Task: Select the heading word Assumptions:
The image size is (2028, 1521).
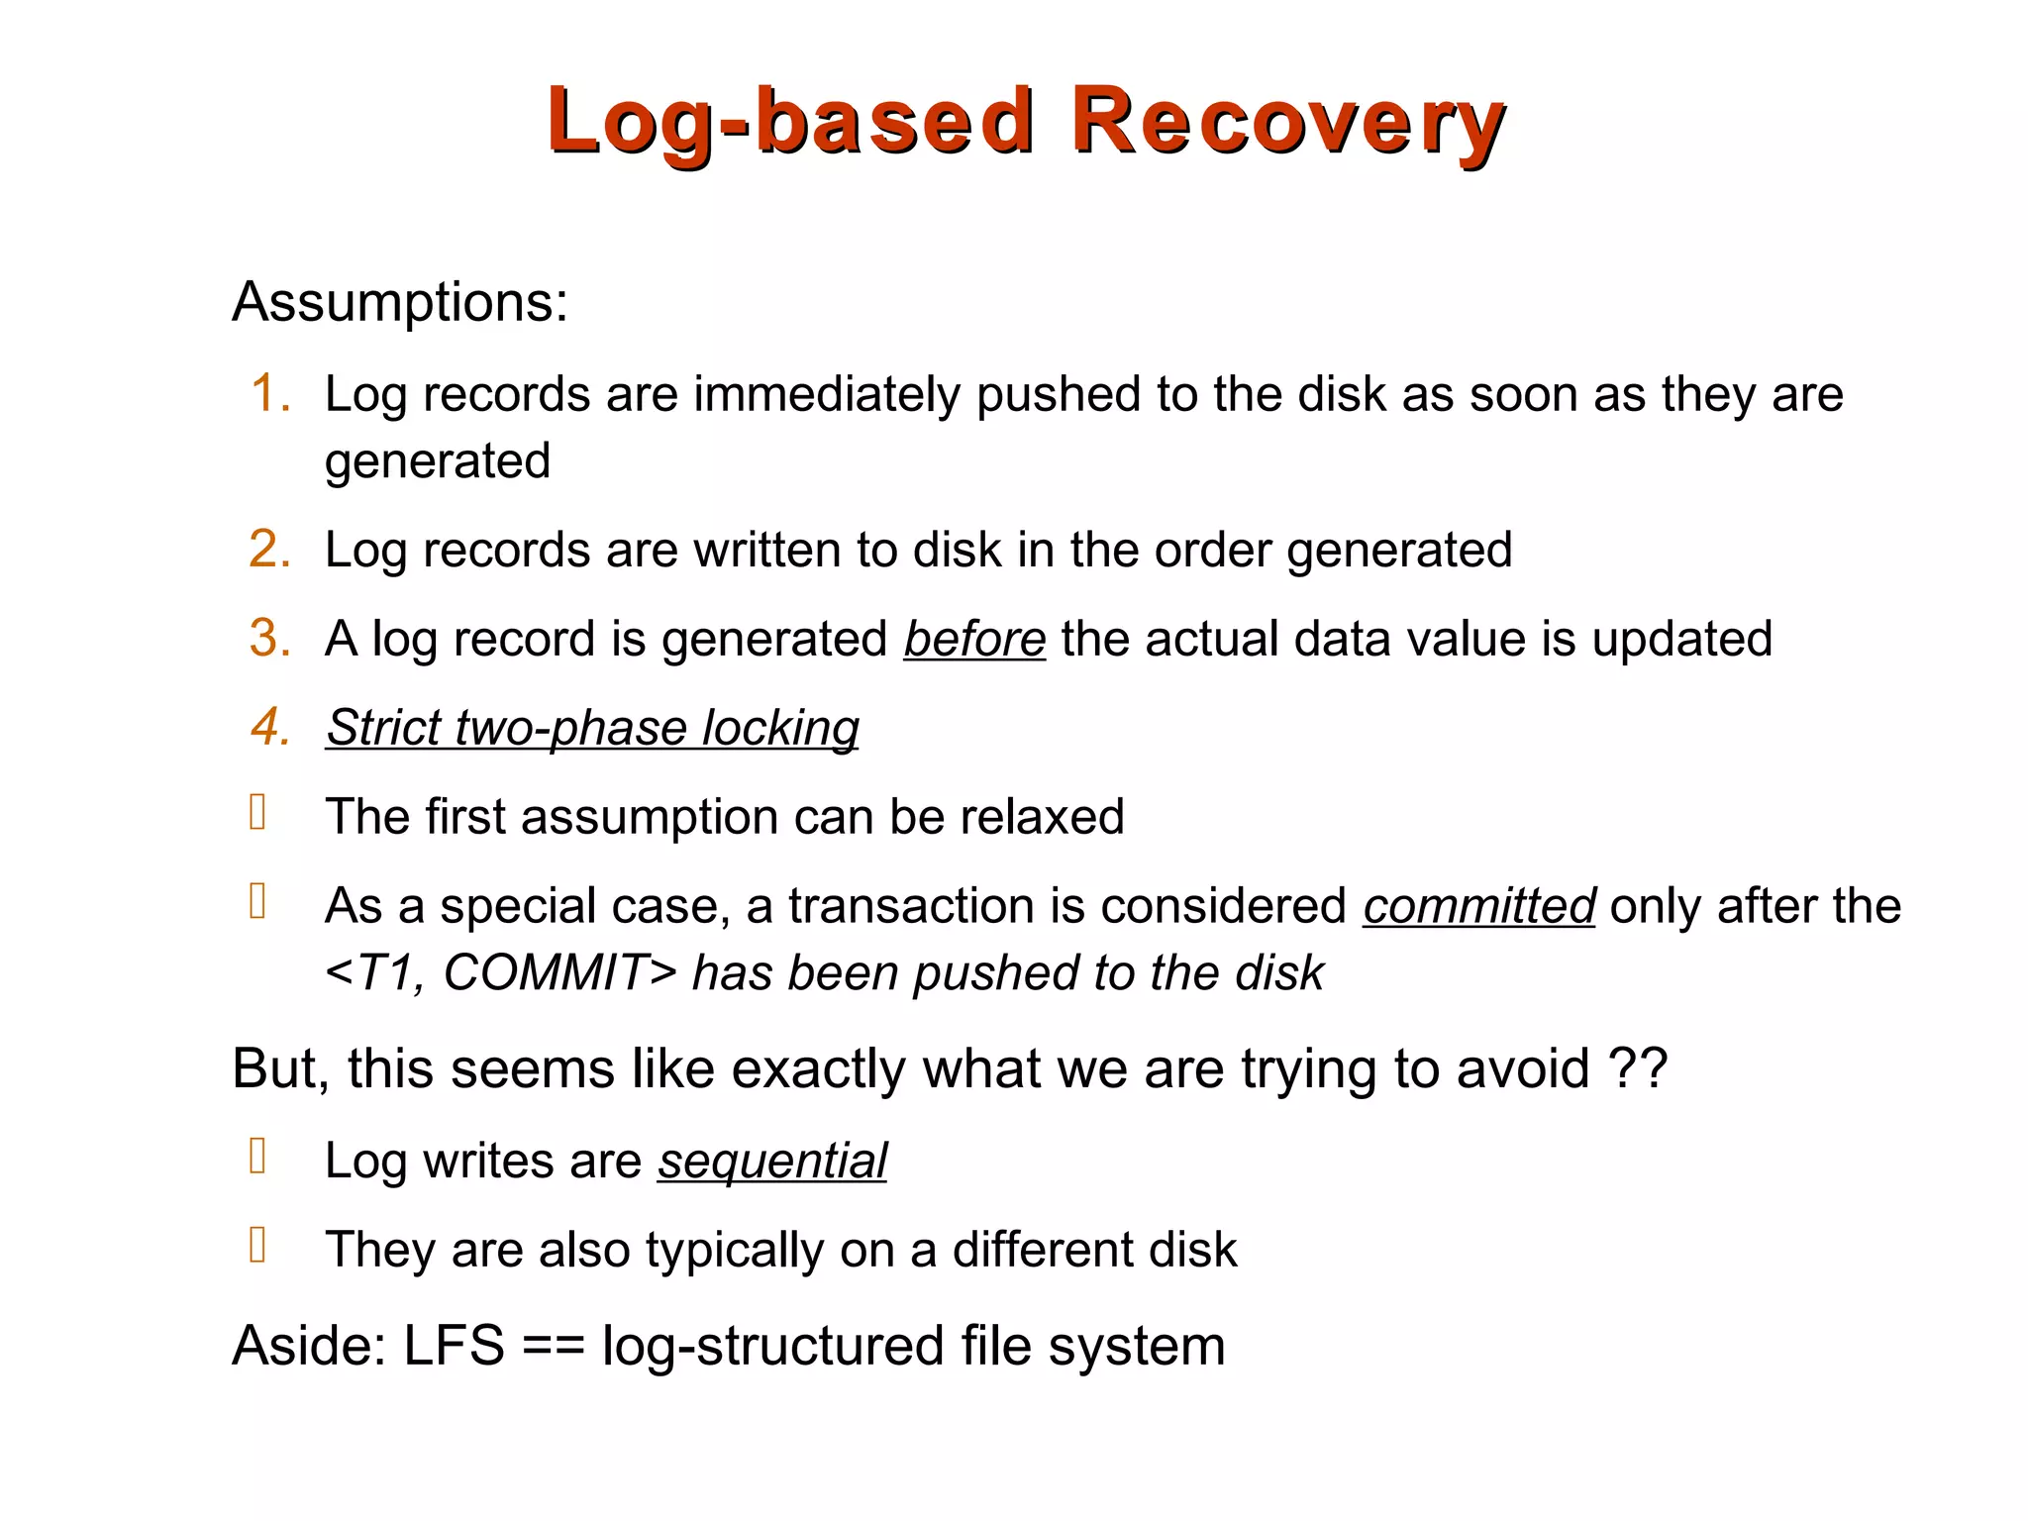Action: pyautogui.click(x=400, y=301)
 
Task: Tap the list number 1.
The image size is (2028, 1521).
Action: pyautogui.click(x=269, y=393)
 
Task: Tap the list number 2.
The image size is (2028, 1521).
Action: pyautogui.click(x=269, y=549)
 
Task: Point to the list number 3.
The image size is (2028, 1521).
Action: pyautogui.click(x=269, y=638)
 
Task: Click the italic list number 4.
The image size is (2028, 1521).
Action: pyautogui.click(x=269, y=727)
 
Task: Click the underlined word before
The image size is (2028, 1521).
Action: pyautogui.click(x=974, y=638)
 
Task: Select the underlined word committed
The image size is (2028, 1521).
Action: pyautogui.click(x=1478, y=905)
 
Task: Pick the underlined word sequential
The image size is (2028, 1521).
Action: pyautogui.click(x=772, y=1161)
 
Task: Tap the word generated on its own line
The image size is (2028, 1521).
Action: pyautogui.click(x=438, y=461)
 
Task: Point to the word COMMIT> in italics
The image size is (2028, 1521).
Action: pyautogui.click(x=559, y=972)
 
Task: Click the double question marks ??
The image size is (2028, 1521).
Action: pyautogui.click(x=1638, y=1069)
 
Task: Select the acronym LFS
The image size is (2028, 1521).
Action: pyautogui.click(x=454, y=1346)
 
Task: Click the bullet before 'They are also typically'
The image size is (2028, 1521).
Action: pyautogui.click(x=258, y=1245)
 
